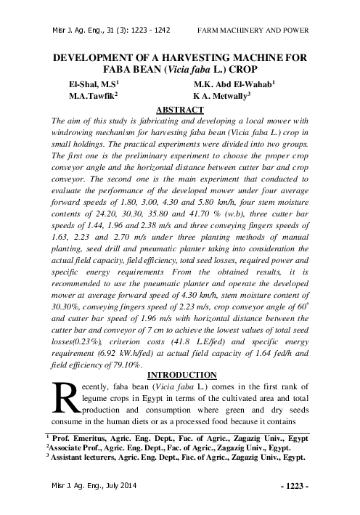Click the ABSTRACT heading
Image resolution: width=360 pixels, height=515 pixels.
(179, 110)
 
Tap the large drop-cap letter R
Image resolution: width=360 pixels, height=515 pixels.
(68, 397)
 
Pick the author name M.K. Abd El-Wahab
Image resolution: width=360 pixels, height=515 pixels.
(234, 84)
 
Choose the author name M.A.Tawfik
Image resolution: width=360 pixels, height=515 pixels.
(93, 96)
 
